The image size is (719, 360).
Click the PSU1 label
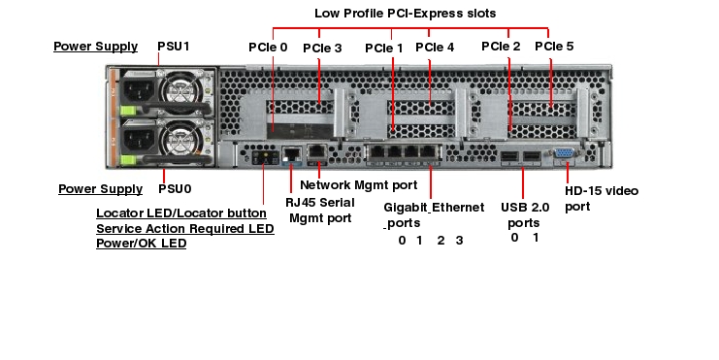[175, 46]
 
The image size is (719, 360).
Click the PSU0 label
[175, 188]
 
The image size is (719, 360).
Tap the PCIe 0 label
[268, 47]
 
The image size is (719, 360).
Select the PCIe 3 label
[322, 47]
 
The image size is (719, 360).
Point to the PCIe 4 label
[435, 47]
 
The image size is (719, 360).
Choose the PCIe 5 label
[554, 46]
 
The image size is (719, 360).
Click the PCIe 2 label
[501, 46]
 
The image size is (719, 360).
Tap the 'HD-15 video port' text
[602, 198]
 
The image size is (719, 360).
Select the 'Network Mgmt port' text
[359, 183]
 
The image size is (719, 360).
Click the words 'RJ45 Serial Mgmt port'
[319, 210]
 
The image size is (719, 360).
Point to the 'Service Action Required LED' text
[184, 228]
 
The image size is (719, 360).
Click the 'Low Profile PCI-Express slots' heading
[406, 14]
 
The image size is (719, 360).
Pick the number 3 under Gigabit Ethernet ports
[459, 240]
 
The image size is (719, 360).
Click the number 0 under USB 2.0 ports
[514, 237]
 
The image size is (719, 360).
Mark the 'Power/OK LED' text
[141, 244]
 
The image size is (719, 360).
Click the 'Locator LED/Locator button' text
[181, 213]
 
